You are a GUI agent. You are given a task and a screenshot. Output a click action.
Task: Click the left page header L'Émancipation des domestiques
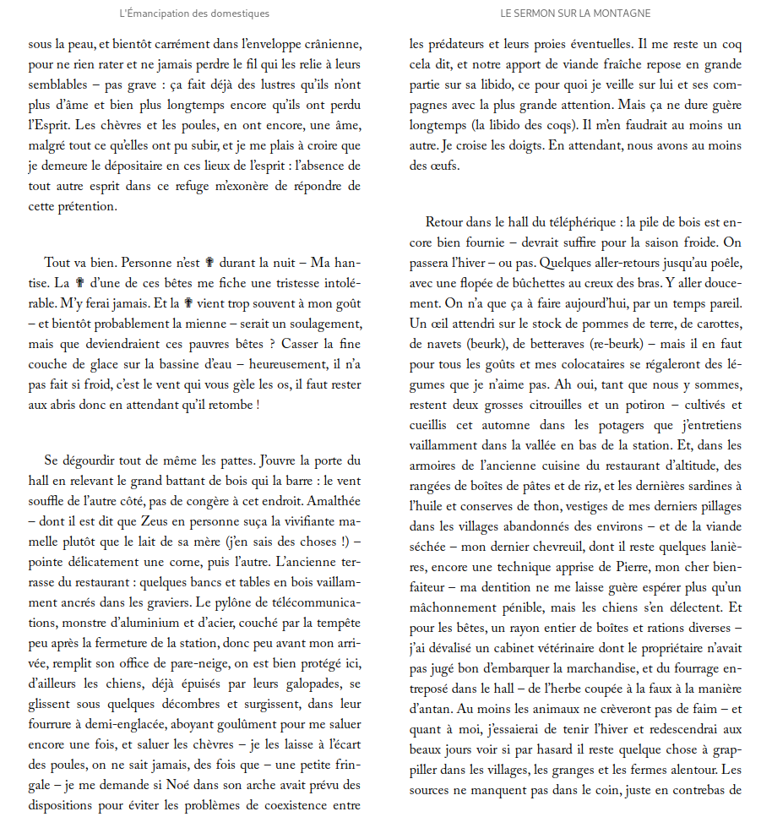tap(194, 14)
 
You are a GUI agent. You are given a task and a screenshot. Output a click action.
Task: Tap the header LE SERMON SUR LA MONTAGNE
tap(575, 14)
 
